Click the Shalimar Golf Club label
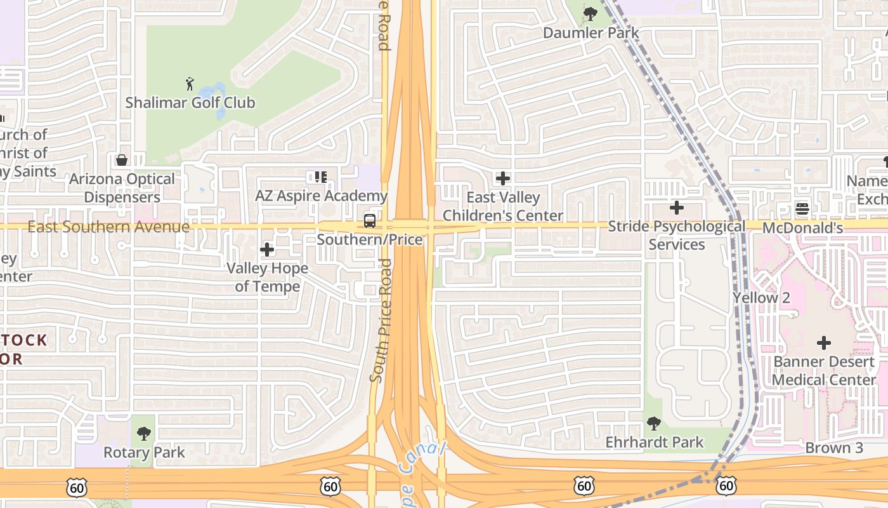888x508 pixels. pyautogui.click(x=190, y=102)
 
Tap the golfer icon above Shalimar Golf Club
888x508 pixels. pyautogui.click(x=189, y=84)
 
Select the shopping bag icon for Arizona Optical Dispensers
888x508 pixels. pyautogui.click(x=122, y=159)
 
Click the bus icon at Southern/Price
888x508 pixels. pyautogui.click(x=369, y=221)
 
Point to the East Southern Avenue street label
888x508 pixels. pyautogui.click(x=108, y=227)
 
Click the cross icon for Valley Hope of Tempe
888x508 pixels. pyautogui.click(x=267, y=250)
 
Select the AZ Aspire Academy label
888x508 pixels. pyautogui.click(x=321, y=196)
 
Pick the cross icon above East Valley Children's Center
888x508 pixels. pyautogui.click(x=503, y=178)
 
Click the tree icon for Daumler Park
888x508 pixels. pyautogui.click(x=591, y=13)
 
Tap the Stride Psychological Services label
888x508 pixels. pyautogui.click(x=677, y=235)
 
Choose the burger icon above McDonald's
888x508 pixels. pyautogui.click(x=802, y=209)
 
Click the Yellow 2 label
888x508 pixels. pyautogui.click(x=761, y=298)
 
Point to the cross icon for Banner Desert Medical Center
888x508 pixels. pyautogui.click(x=823, y=344)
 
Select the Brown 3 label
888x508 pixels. pyautogui.click(x=834, y=448)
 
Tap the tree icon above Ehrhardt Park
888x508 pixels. pyautogui.click(x=654, y=423)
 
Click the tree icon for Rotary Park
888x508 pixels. pyautogui.click(x=144, y=434)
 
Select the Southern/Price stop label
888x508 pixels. pyautogui.click(x=369, y=239)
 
